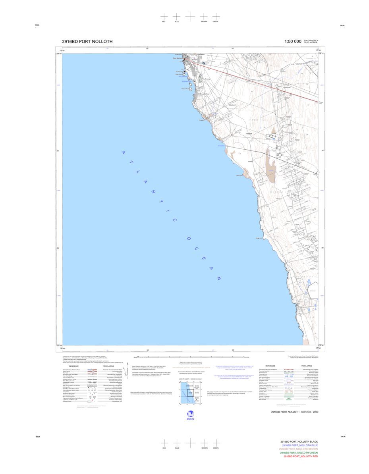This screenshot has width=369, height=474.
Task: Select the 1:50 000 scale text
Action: pos(293,41)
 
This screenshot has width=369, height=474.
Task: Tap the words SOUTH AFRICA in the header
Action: pos(311,40)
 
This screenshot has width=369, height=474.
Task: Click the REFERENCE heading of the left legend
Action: pos(73,366)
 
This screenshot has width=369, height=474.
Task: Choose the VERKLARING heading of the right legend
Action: pos(306,366)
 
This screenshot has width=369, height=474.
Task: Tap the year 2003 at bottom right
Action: pos(315,412)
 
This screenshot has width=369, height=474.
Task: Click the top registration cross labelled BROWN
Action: pos(204,16)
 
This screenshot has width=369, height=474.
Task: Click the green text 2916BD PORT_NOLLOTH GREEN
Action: pos(299,453)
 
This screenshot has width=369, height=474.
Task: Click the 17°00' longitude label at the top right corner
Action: pos(318,51)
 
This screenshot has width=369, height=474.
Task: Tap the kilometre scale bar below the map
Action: pos(191,357)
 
